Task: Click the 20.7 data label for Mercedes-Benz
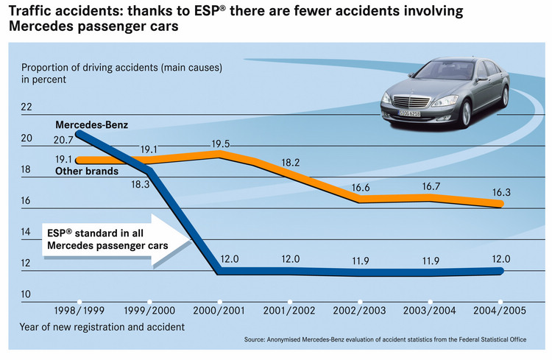65,139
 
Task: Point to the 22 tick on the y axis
27,107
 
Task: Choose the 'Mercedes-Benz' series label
87,124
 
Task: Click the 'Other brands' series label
87,172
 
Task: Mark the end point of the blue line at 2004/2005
500,271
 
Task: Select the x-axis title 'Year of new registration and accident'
102,325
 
